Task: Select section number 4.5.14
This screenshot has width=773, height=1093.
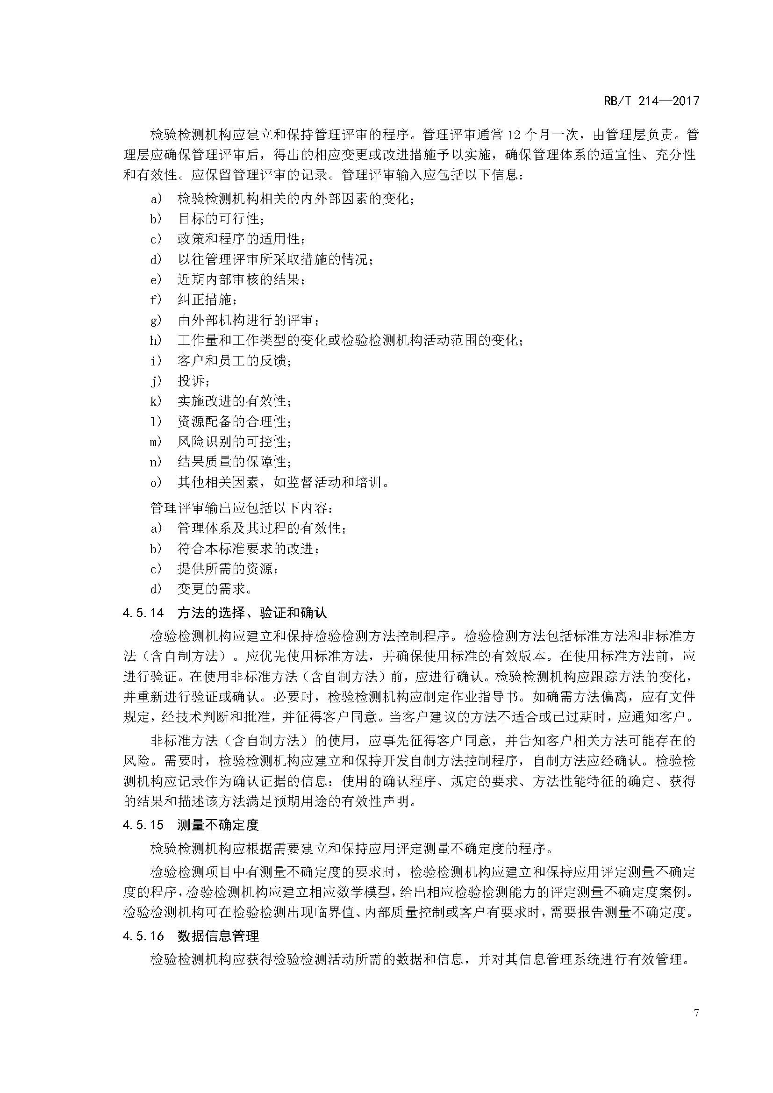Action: pos(143,613)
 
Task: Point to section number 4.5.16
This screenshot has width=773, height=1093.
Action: pos(143,936)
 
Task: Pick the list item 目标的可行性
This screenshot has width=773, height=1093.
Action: pos(221,219)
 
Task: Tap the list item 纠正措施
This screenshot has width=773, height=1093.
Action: pos(207,300)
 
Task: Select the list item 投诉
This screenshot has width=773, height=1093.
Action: pos(193,381)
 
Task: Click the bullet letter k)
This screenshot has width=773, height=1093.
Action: pos(156,401)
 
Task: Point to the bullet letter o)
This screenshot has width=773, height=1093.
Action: pos(156,483)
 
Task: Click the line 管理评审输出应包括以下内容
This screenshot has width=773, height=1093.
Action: pos(242,508)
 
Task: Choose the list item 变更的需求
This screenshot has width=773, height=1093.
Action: pos(214,589)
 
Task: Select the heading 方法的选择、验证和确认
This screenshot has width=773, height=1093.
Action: pos(252,613)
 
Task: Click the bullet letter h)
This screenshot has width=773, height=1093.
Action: pos(156,340)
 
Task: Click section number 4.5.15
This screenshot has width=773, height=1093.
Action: pos(143,825)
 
